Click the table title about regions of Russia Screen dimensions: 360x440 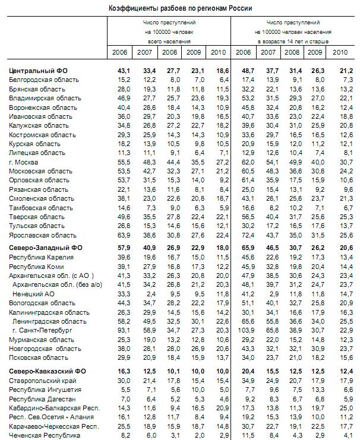[180, 8]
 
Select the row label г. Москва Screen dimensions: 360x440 [23, 162]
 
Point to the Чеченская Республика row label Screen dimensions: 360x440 [45, 435]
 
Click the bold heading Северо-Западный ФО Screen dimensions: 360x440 [46, 248]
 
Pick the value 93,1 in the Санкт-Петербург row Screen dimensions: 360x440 [124, 330]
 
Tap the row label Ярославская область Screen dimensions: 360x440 [43, 235]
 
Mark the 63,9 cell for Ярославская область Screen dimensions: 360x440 [124, 235]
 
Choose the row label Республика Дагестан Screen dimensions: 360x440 [43, 399]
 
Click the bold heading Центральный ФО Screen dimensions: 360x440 [38, 71]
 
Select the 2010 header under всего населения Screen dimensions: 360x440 [218, 52]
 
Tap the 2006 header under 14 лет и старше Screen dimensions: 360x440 [243, 52]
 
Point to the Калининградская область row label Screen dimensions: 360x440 [49, 312]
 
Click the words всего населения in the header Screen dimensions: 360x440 [169, 42]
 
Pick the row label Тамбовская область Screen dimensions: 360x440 [41, 208]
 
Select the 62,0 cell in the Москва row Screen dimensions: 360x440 [248, 162]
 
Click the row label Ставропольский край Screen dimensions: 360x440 [43, 381]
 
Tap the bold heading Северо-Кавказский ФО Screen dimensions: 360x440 [48, 371]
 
